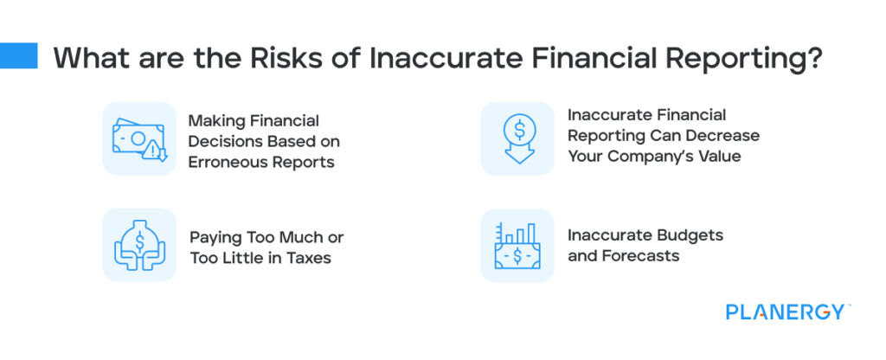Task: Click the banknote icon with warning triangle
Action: (x=139, y=138)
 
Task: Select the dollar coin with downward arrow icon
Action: (x=517, y=138)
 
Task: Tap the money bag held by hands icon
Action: (x=139, y=245)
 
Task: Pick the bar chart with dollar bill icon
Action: (x=517, y=245)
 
